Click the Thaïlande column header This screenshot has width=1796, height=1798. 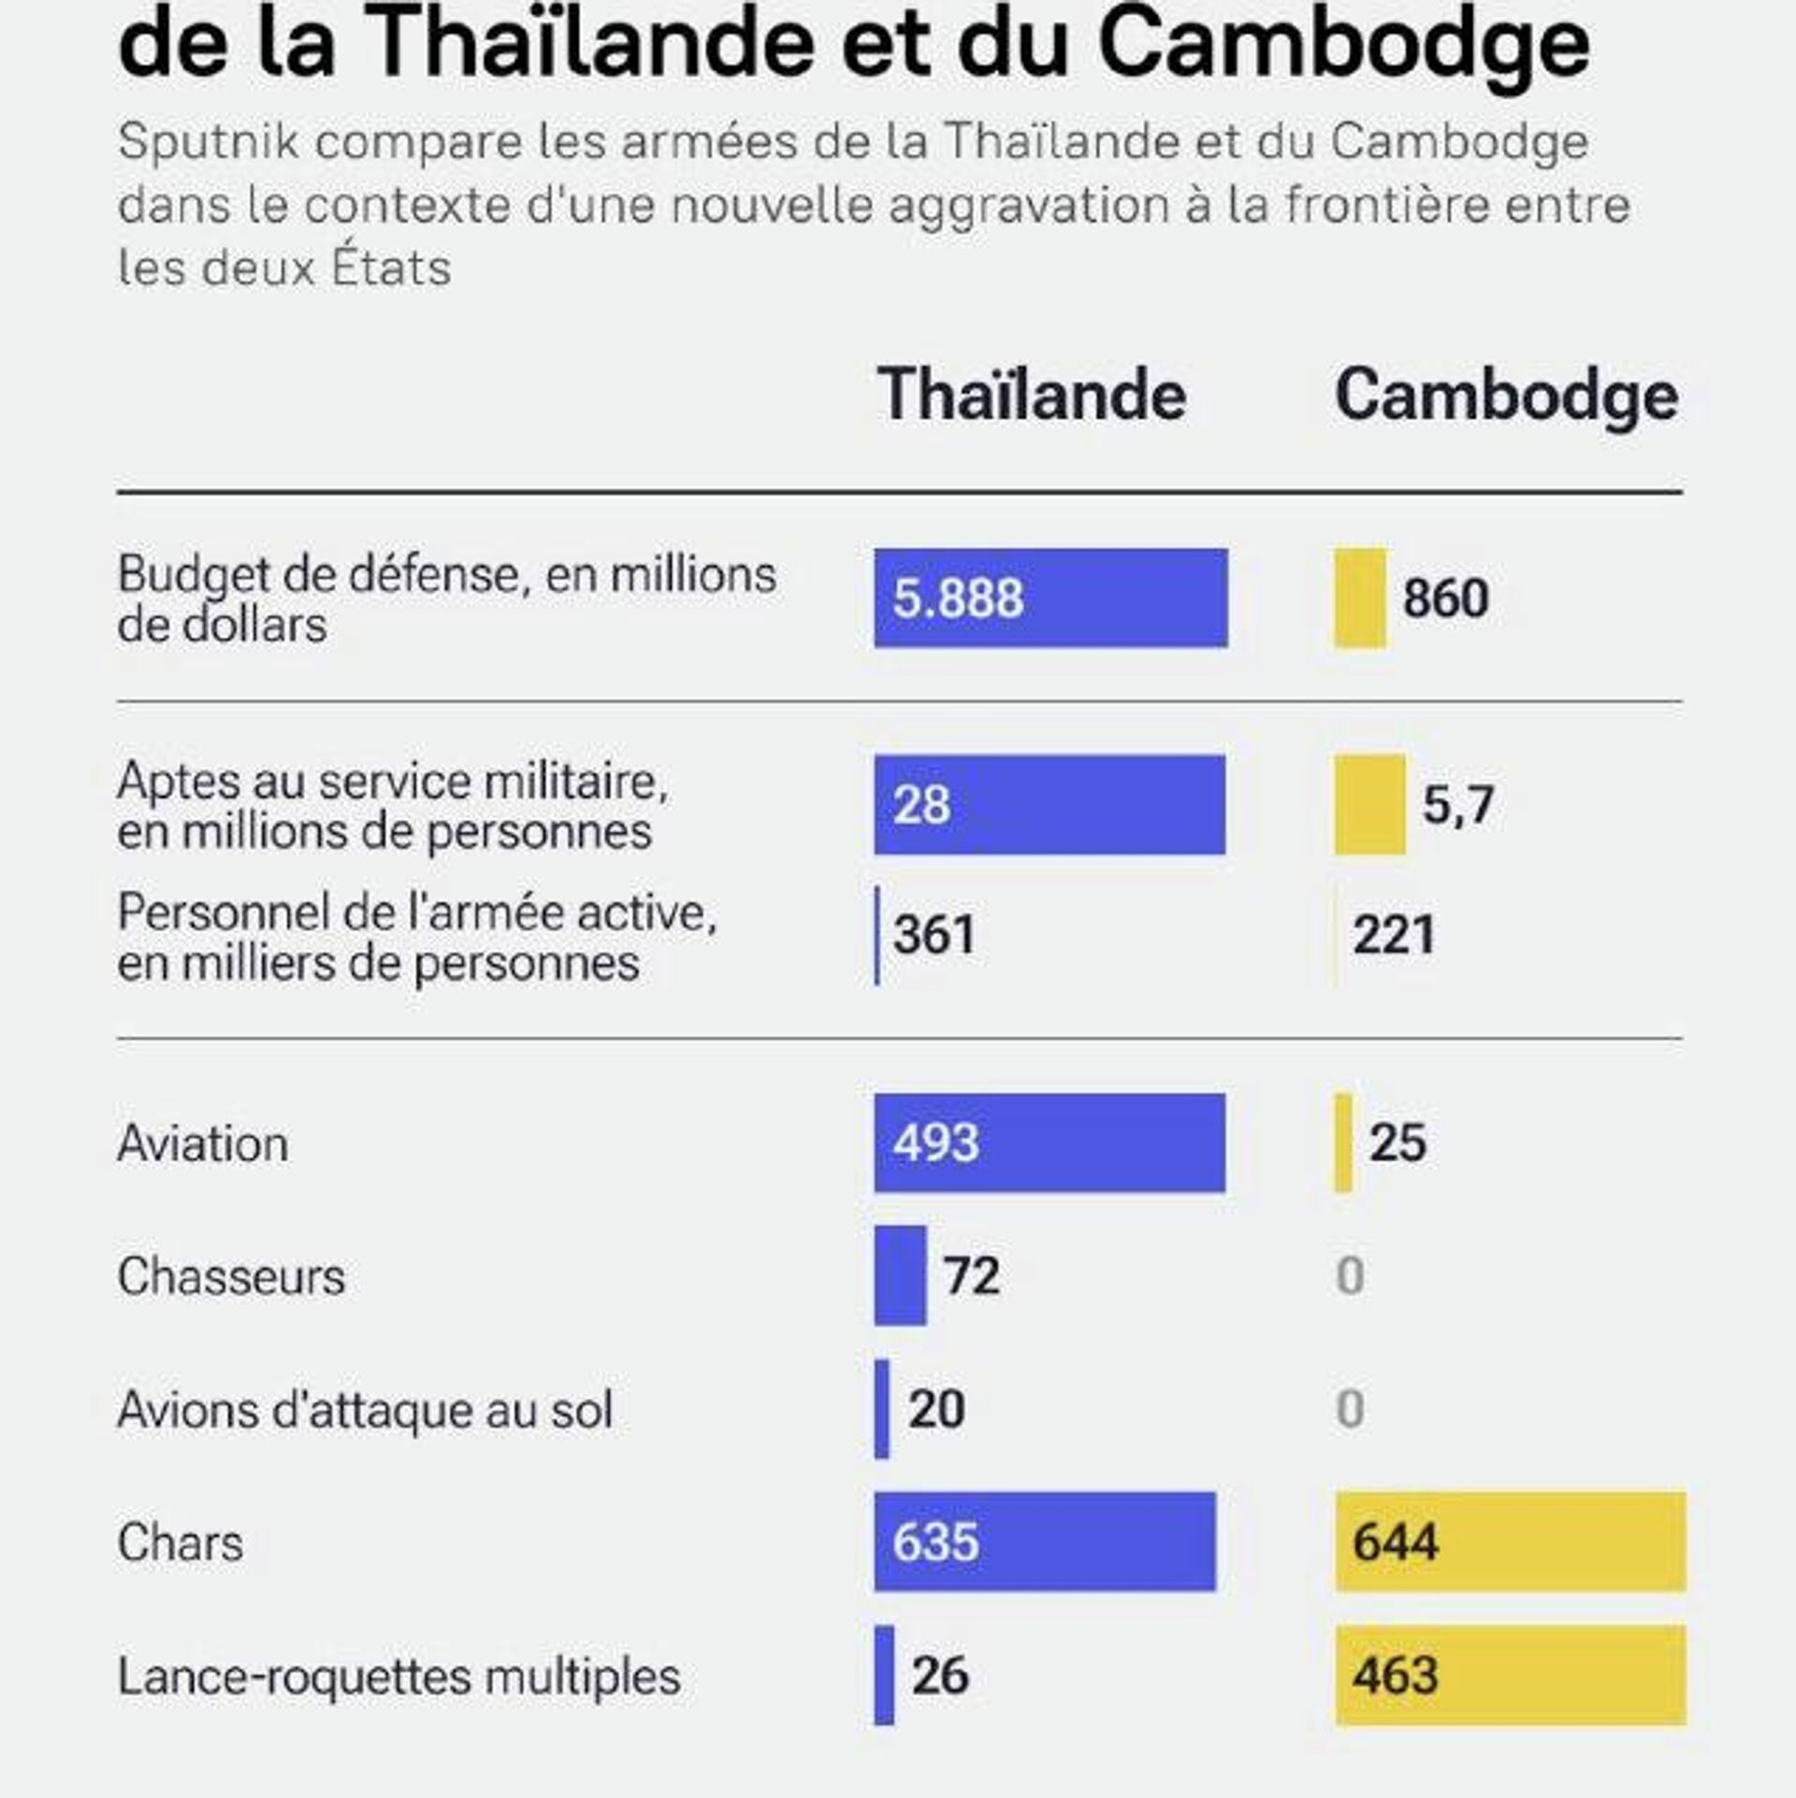point(1032,396)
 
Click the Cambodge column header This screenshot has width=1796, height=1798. point(1506,397)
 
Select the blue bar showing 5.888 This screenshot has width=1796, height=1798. point(1050,598)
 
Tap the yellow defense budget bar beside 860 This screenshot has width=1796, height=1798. point(1360,598)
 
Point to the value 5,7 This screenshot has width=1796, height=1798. point(1457,805)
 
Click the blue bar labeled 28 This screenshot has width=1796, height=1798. point(1050,805)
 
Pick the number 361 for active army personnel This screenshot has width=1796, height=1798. point(934,935)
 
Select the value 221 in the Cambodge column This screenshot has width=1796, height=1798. point(1394,935)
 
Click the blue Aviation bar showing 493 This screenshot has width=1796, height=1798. point(1050,1143)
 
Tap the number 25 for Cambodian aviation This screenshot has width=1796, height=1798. point(1398,1143)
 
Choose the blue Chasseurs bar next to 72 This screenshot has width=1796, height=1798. point(900,1275)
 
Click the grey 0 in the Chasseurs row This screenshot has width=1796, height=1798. point(1350,1275)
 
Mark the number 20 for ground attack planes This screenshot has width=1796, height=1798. point(936,1409)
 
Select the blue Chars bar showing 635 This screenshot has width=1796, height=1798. point(1045,1542)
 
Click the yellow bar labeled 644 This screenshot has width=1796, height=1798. point(1510,1542)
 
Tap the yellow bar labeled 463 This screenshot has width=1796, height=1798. point(1510,1676)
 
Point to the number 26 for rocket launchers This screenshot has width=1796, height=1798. point(940,1676)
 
